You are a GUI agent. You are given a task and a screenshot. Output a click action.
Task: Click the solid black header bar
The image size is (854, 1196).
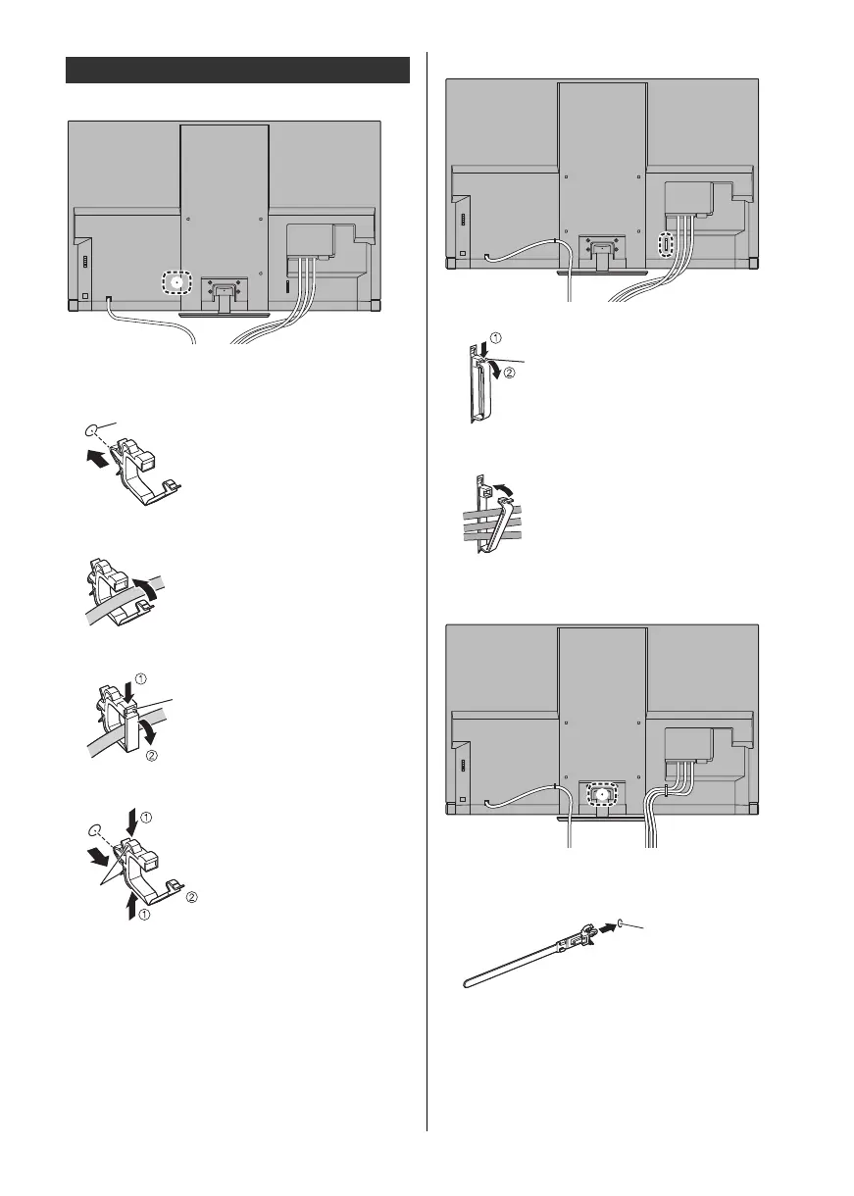tap(237, 71)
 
